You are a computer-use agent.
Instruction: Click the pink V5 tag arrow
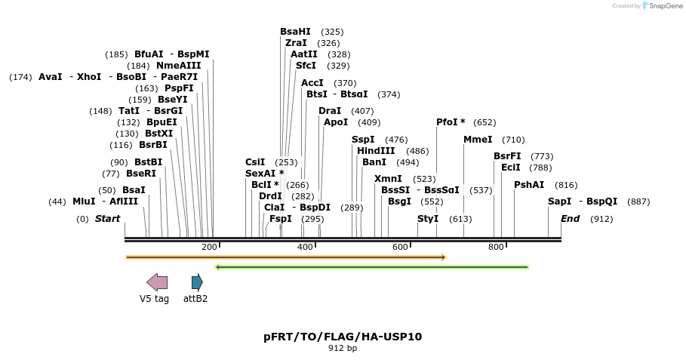click(157, 282)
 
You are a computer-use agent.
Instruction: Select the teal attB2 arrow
click(197, 282)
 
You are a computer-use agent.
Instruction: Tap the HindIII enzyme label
click(376, 151)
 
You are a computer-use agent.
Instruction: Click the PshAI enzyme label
click(529, 185)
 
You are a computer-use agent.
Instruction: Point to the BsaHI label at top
click(295, 32)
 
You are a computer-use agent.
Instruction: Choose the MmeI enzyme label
click(478, 140)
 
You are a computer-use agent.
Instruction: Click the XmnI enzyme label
click(388, 178)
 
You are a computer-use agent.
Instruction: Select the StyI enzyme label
click(428, 218)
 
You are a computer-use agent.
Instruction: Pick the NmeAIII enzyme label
click(179, 66)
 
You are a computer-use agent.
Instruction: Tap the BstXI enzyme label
click(158, 134)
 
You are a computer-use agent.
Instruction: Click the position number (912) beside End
click(601, 219)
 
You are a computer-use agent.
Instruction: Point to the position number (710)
click(513, 140)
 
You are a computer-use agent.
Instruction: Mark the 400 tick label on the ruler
click(305, 247)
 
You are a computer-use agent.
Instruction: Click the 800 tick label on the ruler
click(496, 247)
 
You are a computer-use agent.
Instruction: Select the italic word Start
click(107, 218)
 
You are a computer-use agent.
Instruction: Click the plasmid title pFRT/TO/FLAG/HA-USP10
click(343, 337)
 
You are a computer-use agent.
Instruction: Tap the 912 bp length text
click(343, 348)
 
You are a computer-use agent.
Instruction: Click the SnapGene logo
click(663, 6)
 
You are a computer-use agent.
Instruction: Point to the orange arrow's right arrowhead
click(444, 257)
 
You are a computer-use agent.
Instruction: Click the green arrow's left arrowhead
click(217, 267)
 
